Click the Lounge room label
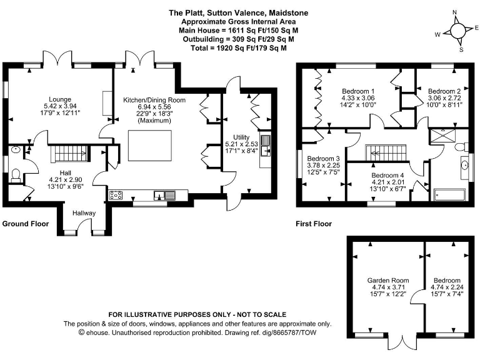60,99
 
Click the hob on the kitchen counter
116,195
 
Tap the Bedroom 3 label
322,159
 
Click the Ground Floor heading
27,224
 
